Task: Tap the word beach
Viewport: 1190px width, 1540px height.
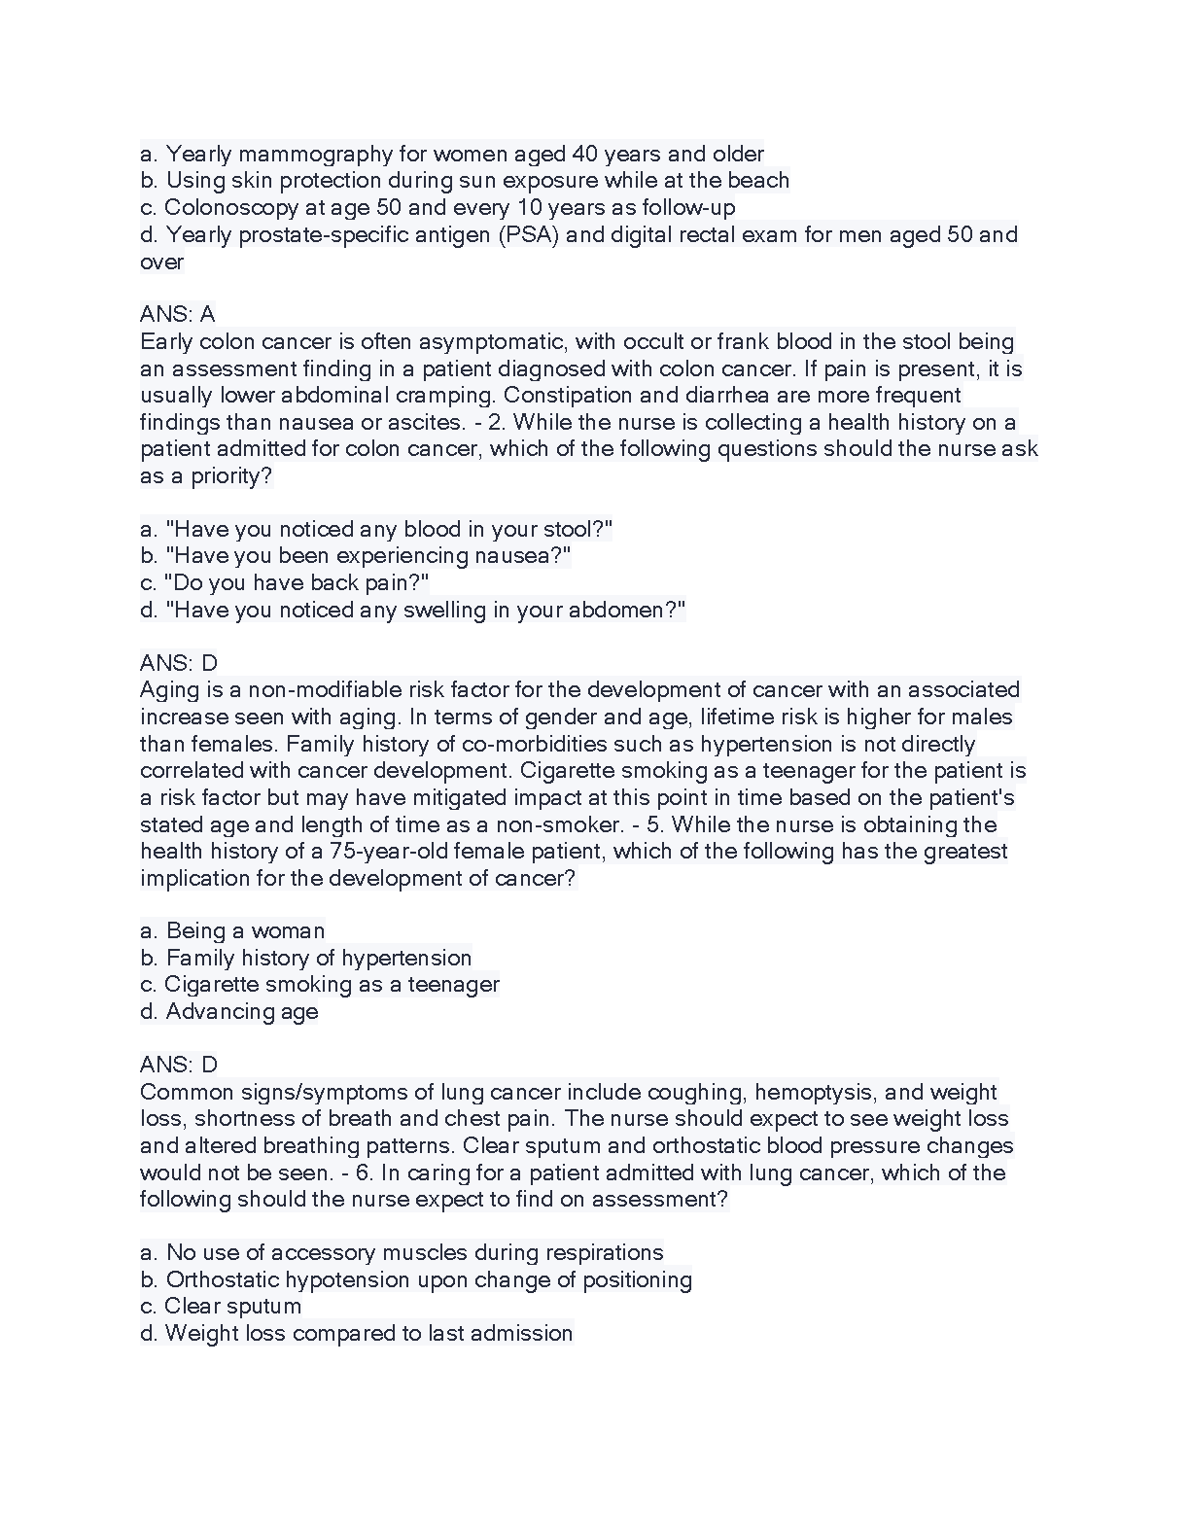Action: pyautogui.click(x=759, y=180)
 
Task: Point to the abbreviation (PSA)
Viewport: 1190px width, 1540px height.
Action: pyautogui.click(x=529, y=234)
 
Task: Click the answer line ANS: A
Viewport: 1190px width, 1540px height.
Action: pyautogui.click(x=178, y=314)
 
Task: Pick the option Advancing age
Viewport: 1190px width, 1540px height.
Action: pyautogui.click(x=241, y=1011)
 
